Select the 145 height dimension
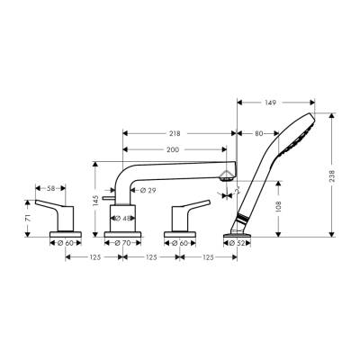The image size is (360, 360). click(95, 198)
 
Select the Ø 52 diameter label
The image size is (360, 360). click(237, 243)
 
